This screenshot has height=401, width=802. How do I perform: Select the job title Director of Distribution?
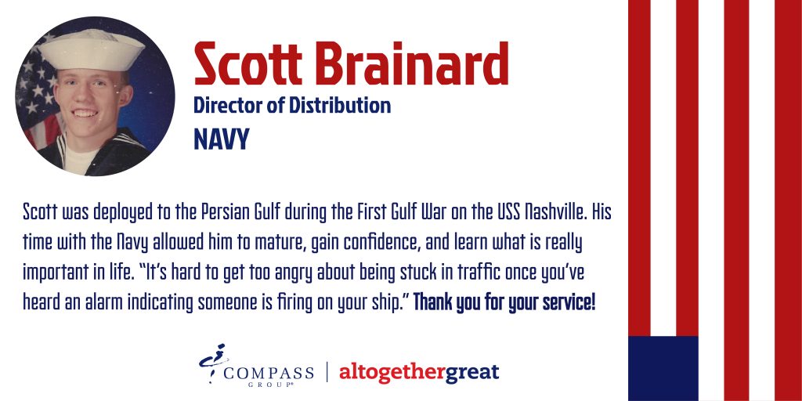click(x=292, y=105)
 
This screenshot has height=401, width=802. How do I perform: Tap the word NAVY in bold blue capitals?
click(x=222, y=139)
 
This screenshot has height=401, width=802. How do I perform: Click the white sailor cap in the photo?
click(x=92, y=51)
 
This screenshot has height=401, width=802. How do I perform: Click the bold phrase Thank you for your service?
click(x=504, y=304)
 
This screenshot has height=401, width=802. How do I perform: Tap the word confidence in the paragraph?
click(x=381, y=243)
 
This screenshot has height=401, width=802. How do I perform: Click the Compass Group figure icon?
click(x=213, y=363)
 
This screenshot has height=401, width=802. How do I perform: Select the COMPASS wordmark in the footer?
click(x=269, y=372)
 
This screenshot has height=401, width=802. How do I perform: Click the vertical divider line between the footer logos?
click(x=327, y=372)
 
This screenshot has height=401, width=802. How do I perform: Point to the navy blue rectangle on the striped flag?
click(x=663, y=368)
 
